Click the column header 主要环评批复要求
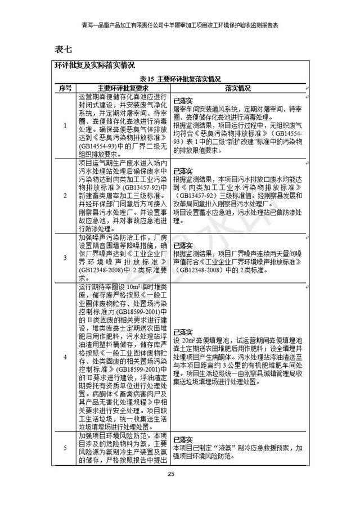[122, 88]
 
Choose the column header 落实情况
[238, 88]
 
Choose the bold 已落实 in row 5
[183, 440]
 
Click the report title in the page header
[180, 25]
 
